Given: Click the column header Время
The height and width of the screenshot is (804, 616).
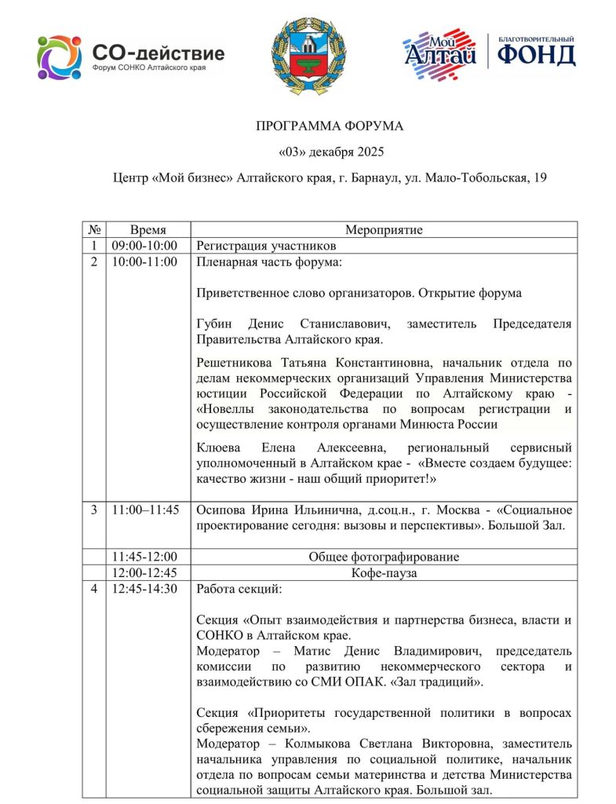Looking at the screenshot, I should click(x=148, y=230).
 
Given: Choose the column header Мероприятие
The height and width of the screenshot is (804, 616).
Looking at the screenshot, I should click(x=384, y=230).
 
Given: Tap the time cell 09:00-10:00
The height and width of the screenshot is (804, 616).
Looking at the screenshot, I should click(x=144, y=246).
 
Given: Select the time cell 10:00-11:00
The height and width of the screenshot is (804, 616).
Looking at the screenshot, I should click(x=144, y=261).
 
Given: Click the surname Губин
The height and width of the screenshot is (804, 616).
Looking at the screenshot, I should click(x=217, y=323).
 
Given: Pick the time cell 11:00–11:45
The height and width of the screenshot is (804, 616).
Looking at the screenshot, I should click(x=145, y=510).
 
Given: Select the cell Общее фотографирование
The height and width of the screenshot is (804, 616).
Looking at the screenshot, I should click(x=384, y=557).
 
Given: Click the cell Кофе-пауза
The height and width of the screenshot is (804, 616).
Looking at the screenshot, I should click(x=384, y=572).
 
